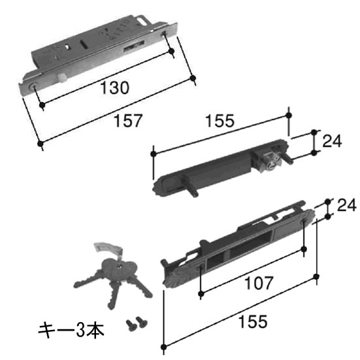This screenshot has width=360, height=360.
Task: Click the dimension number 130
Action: tap(115, 88)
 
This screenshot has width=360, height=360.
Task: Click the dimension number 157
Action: tap(128, 121)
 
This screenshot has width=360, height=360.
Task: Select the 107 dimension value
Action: tap(259, 283)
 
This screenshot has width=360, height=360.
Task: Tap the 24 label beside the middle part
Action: tap(332, 141)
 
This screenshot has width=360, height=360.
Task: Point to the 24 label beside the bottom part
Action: tap(347, 205)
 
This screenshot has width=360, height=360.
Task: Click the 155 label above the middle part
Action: tap(220, 121)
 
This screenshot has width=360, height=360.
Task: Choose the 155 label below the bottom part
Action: tap(253, 321)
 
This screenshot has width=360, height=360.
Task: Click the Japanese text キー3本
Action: tap(71, 330)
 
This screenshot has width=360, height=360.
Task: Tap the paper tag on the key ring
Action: tap(108, 248)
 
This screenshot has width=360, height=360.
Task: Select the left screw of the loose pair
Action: tap(131, 325)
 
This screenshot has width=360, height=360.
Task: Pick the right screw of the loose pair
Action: tap(142, 322)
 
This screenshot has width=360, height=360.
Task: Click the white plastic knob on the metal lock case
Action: tap(63, 78)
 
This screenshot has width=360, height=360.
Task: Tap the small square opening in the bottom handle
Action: tap(216, 259)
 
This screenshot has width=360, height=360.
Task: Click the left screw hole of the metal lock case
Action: tap(33, 86)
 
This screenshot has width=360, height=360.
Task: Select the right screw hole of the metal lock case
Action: tap(164, 34)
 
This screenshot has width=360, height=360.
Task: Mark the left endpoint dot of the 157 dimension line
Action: tap(40, 144)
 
